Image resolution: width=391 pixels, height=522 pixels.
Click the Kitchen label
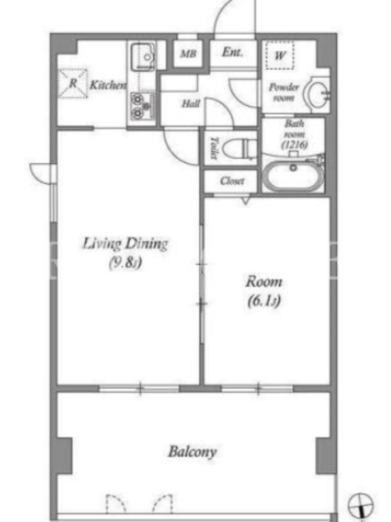tap(108, 85)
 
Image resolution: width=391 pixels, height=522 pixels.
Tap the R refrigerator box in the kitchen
tap(73, 84)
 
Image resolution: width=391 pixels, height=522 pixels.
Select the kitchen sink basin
tap(143, 57)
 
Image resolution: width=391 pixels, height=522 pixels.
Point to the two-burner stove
tap(143, 106)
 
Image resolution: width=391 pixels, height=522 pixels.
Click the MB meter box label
tap(188, 54)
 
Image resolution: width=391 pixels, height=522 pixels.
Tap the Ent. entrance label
tap(233, 52)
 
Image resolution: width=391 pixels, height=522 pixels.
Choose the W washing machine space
tap(280, 55)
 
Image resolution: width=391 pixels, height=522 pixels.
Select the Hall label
tap(191, 104)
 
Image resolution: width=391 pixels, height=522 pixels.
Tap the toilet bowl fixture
tap(239, 149)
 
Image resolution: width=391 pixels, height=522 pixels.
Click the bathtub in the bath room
tap(293, 176)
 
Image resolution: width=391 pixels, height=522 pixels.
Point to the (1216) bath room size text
tap(295, 145)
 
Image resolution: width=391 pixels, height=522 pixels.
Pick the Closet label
tap(232, 181)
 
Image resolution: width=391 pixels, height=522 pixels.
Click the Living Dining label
tap(125, 243)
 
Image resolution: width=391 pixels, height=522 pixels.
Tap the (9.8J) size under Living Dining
tap(125, 262)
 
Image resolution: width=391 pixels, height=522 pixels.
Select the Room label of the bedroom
tap(264, 282)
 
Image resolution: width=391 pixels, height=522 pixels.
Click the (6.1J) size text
tap(264, 301)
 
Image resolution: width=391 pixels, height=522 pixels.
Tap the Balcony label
tap(192, 452)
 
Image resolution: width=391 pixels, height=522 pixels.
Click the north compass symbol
tap(360, 506)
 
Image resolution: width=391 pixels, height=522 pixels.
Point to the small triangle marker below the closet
tap(246, 200)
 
